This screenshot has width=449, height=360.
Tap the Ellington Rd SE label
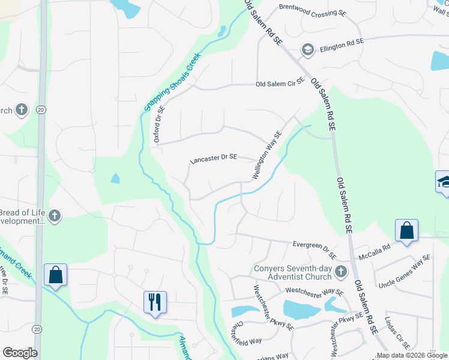(x=342, y=42)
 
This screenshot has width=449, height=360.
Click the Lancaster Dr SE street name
(x=214, y=159)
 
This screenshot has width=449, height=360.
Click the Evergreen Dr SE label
(x=315, y=246)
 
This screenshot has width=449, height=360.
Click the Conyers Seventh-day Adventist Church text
(x=293, y=272)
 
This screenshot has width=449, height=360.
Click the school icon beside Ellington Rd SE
(x=308, y=49)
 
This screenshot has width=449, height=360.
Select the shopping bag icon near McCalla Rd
(x=406, y=230)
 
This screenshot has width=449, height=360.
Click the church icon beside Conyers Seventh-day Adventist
(x=340, y=272)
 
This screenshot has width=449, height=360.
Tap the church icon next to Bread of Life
(x=55, y=215)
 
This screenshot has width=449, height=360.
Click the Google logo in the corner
(x=20, y=353)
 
